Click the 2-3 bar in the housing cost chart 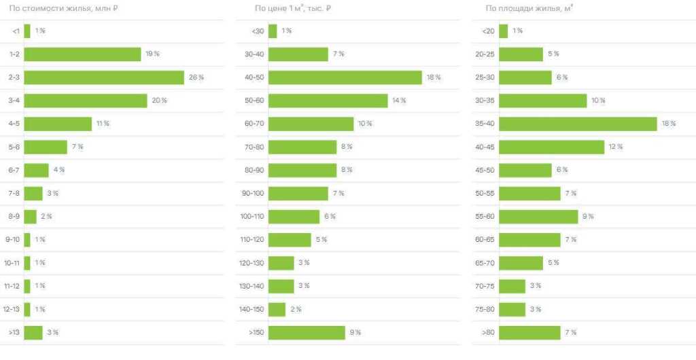point(104,77)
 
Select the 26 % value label point(196,77)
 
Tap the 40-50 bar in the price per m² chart point(345,77)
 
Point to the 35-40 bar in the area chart point(578,124)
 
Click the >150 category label point(257,332)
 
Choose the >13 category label point(14,332)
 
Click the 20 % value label point(159,101)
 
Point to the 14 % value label point(399,101)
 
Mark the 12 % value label point(616,147)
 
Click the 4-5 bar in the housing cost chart point(58,124)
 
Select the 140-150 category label point(253,309)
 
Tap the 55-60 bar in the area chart point(538,216)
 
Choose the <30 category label point(258,31)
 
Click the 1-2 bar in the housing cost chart point(82,54)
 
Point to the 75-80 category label point(485,309)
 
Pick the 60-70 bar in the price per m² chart point(311,124)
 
